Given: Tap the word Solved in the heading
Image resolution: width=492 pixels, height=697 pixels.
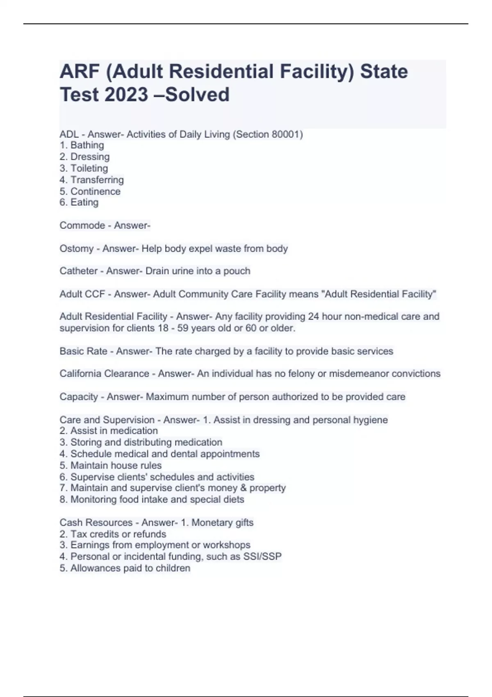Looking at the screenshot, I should [197, 95].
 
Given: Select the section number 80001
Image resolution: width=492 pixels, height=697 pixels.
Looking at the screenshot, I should [285, 134].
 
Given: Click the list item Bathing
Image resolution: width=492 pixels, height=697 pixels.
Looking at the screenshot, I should [87, 145].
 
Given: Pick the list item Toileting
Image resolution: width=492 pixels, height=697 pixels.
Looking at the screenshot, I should [89, 168].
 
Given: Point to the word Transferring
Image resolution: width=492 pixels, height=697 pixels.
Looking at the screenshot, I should [97, 180].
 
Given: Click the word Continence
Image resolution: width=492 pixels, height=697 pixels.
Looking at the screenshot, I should [95, 191].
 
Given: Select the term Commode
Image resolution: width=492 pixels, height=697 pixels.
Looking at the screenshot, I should [82, 225].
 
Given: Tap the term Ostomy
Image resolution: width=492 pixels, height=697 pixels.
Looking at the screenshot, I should [77, 248].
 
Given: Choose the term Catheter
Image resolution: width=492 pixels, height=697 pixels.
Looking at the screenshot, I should [78, 271].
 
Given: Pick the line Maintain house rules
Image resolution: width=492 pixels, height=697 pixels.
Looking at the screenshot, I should [116, 465].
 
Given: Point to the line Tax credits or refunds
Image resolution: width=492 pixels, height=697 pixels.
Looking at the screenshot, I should [118, 534].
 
